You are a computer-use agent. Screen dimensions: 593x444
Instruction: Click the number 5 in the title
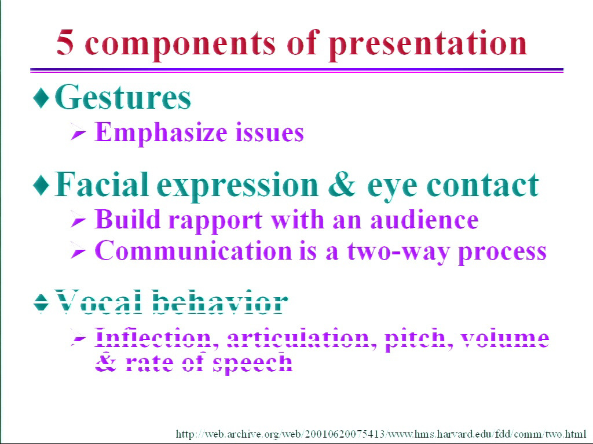(65, 42)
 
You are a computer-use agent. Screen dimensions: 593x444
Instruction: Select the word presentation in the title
(428, 45)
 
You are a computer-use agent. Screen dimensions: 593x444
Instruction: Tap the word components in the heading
(181, 45)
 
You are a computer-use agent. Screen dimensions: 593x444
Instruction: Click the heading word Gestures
(123, 97)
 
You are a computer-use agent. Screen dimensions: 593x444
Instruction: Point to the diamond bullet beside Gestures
(41, 98)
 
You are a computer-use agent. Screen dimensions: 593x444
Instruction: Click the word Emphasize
(161, 132)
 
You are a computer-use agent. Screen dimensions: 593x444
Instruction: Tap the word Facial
(102, 184)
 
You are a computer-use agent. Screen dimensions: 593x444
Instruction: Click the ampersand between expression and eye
(342, 184)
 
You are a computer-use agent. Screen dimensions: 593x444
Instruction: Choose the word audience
(424, 219)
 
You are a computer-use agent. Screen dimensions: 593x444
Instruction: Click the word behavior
(220, 302)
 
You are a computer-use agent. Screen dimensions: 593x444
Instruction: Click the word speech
(252, 363)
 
